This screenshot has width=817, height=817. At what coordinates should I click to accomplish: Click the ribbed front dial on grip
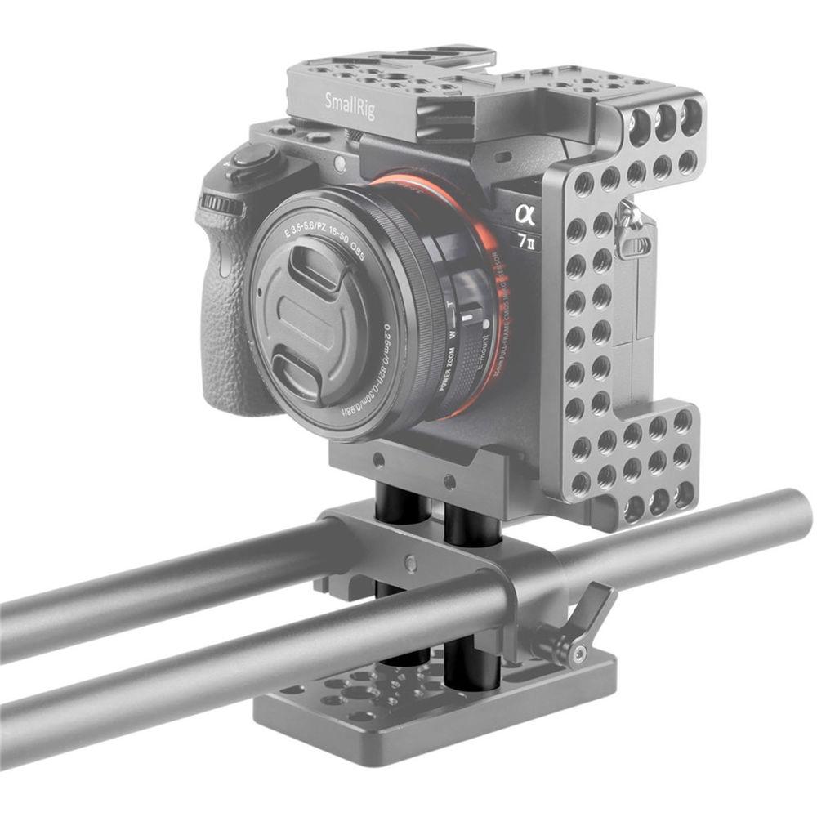[x=220, y=202]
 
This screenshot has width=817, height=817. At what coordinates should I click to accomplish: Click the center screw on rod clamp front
[x=410, y=564]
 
